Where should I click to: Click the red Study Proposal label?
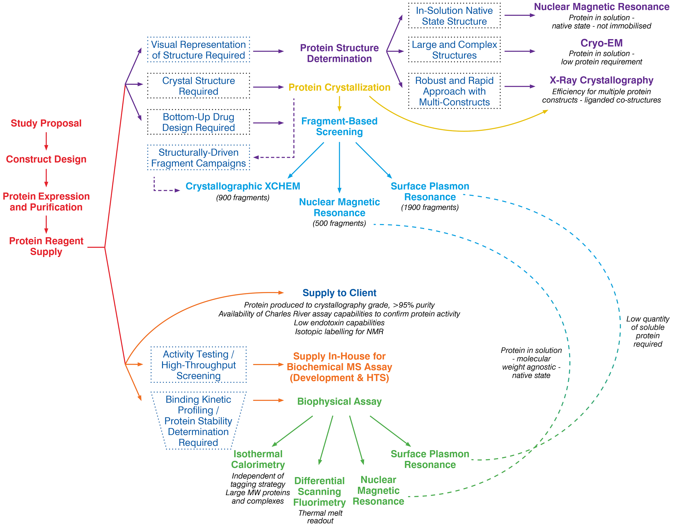[46, 123]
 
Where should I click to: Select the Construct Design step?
[46, 159]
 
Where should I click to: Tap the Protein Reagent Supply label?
[46, 246]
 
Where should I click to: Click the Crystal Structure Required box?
[198, 86]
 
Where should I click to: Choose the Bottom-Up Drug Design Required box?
[198, 122]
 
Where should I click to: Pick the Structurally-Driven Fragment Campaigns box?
[198, 158]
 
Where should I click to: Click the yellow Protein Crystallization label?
[339, 87]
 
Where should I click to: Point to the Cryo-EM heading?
[601, 43]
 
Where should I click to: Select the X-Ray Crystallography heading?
[601, 80]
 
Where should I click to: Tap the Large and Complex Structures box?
[454, 50]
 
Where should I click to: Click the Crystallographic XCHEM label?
[243, 186]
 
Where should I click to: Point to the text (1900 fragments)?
[430, 208]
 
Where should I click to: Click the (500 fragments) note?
[339, 224]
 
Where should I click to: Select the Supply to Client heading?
[339, 293]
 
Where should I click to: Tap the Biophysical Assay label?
[339, 401]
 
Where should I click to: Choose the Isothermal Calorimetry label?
[258, 459]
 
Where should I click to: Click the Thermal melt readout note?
[320, 517]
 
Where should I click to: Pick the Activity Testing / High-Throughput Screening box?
[198, 365]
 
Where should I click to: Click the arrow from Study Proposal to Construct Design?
[46, 141]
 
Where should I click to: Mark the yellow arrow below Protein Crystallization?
[339, 104]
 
